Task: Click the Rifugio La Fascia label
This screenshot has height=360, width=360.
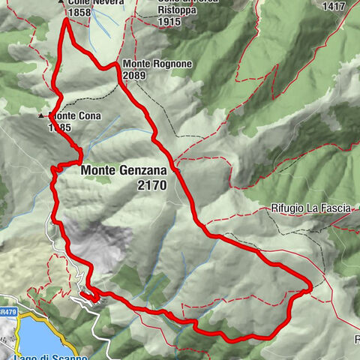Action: [310, 210]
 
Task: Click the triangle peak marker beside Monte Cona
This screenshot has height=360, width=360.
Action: [41, 117]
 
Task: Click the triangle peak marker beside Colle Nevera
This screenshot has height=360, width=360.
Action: [61, 2]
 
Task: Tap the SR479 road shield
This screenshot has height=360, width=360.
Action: [8, 310]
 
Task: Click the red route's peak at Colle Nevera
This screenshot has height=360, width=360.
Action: [65, 19]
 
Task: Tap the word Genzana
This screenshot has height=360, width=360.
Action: [142, 171]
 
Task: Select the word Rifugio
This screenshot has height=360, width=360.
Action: [288, 210]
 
